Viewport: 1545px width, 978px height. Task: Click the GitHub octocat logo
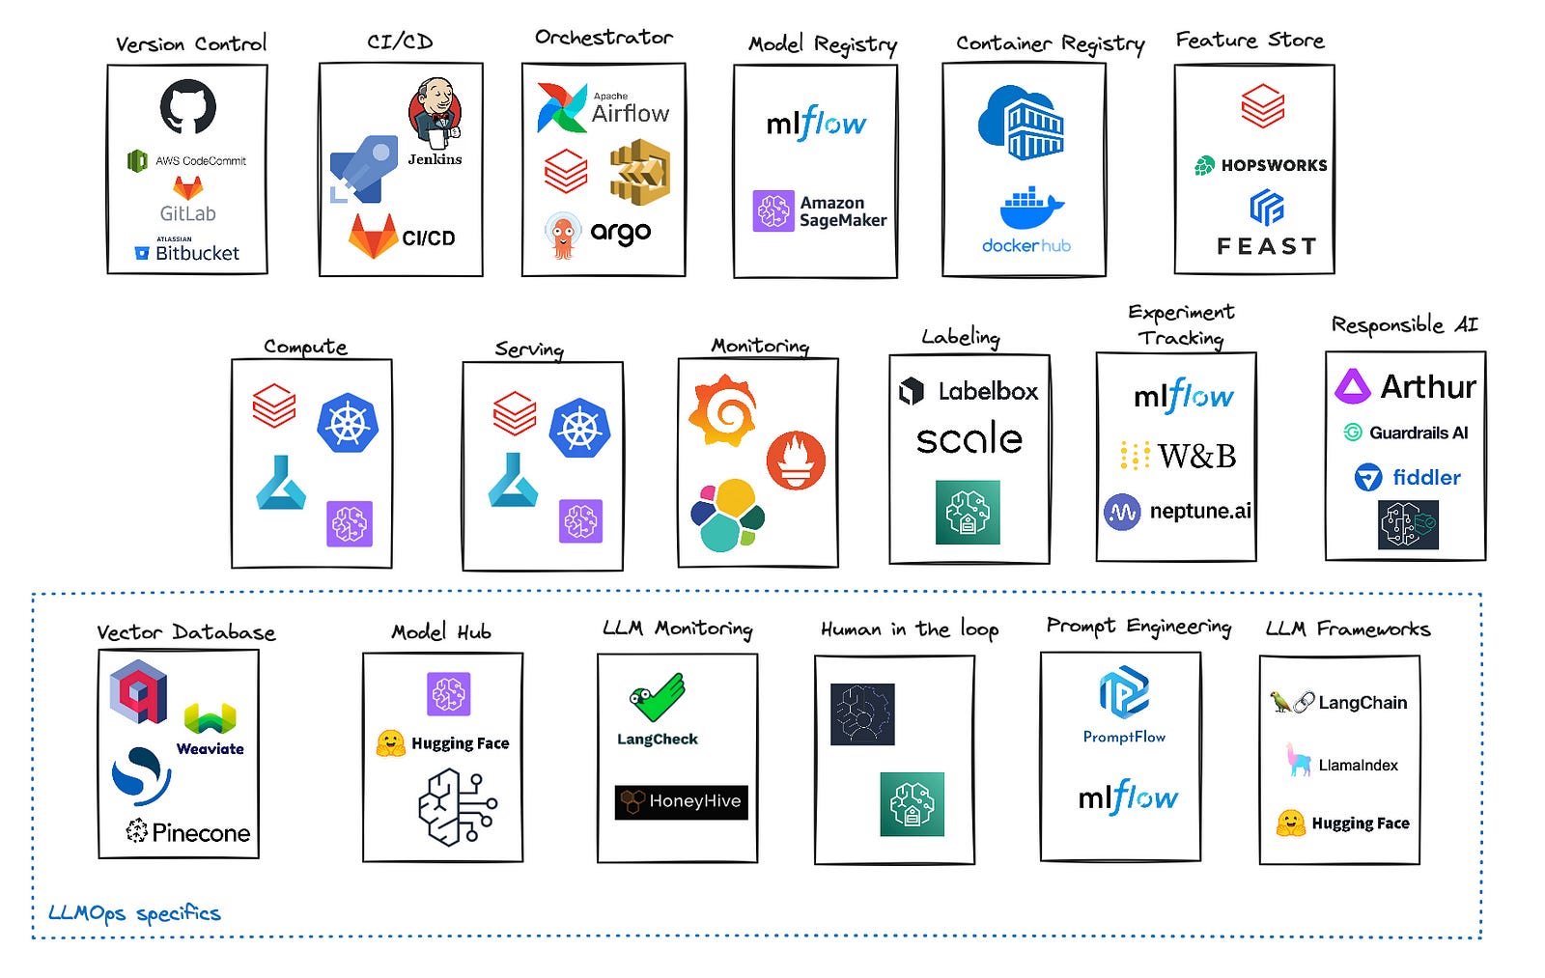(187, 106)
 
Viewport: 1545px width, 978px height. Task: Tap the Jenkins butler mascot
(435, 113)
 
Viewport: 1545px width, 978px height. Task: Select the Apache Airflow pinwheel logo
(562, 107)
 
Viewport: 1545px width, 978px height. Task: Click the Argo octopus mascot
(563, 236)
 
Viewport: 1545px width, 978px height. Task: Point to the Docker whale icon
(1032, 207)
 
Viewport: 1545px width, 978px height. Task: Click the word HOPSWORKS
(1274, 165)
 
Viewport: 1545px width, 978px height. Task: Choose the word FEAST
(1266, 246)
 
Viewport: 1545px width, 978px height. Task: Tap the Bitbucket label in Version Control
(197, 253)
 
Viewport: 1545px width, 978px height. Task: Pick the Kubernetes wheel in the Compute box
(348, 423)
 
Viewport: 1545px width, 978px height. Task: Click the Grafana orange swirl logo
(723, 411)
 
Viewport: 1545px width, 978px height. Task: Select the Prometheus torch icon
(796, 461)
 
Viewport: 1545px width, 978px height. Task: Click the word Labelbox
(988, 392)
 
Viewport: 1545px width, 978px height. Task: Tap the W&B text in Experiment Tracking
(1196, 456)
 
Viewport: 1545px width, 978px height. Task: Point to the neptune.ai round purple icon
(1122, 512)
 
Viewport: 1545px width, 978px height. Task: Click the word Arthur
(1428, 386)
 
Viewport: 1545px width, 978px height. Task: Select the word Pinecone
(201, 833)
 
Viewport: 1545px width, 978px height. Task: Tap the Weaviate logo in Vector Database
(211, 729)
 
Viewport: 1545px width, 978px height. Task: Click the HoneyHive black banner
(682, 802)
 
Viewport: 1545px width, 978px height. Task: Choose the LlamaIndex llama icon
(1299, 760)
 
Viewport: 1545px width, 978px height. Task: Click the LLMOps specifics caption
(134, 914)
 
